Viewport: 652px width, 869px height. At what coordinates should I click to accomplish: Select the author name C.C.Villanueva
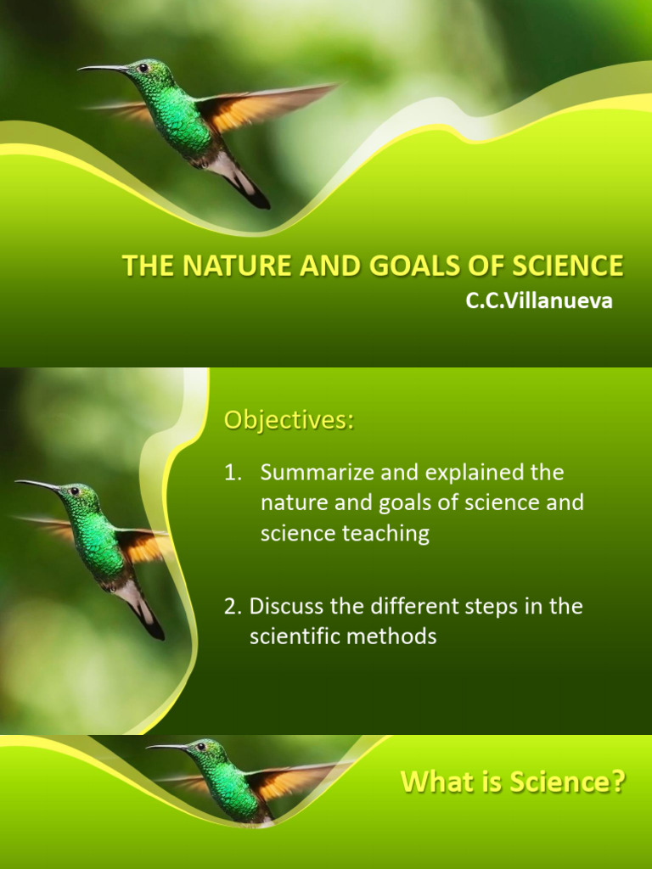tap(538, 301)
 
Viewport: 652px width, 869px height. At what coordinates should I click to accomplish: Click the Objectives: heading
tap(289, 420)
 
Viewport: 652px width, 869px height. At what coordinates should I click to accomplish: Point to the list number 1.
tap(232, 472)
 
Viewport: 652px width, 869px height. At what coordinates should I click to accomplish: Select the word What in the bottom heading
tap(436, 782)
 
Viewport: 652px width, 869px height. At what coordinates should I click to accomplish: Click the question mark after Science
tap(618, 782)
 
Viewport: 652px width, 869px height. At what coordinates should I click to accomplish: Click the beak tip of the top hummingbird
tap(81, 69)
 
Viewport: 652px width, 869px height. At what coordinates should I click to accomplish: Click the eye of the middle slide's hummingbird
tap(74, 491)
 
